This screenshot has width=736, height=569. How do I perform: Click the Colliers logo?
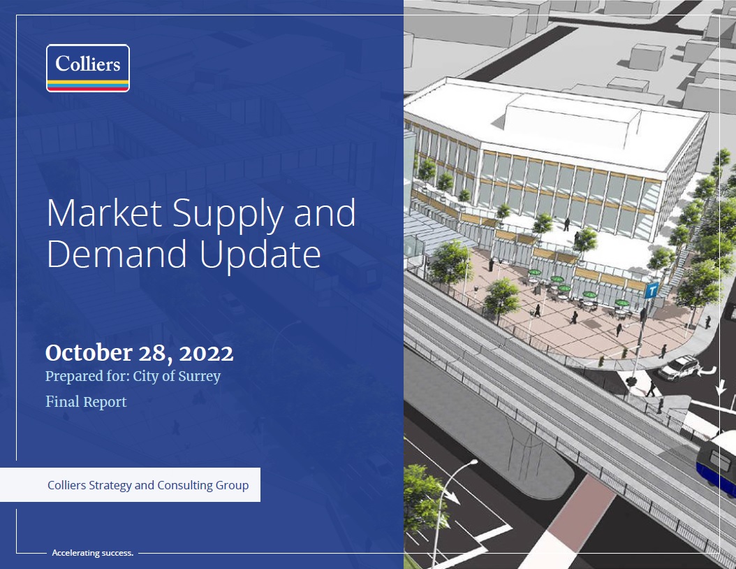click(x=88, y=68)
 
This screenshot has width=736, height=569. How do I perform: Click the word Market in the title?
click(x=104, y=213)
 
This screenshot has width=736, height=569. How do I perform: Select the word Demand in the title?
click(x=117, y=254)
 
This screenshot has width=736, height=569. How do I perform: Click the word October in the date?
click(x=89, y=352)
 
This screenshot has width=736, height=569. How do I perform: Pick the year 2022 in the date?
click(x=206, y=353)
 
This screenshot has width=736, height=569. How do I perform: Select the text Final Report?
click(x=86, y=402)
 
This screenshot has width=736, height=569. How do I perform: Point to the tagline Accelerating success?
click(x=92, y=553)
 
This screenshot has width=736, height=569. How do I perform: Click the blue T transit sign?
click(x=651, y=291)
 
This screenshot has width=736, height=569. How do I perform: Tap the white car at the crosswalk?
click(x=679, y=367)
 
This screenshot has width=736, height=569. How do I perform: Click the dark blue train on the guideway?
click(x=716, y=462)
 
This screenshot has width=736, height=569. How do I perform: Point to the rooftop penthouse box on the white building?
click(x=572, y=115)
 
